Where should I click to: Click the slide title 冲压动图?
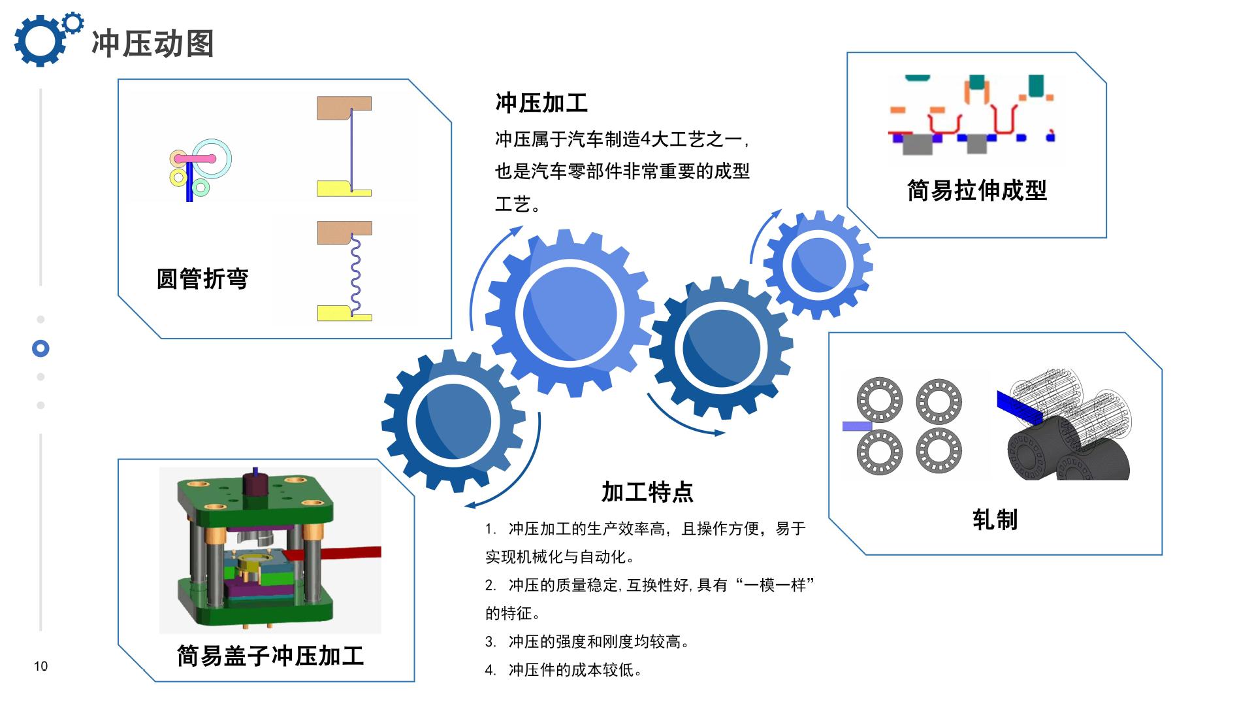153,44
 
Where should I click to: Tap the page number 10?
40,666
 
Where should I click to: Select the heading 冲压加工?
541,103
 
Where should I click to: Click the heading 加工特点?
647,492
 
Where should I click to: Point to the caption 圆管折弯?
202,278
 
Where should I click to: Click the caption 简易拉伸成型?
976,190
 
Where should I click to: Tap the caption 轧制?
995,520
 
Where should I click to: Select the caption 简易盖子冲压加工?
270,656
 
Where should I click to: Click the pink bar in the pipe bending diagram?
195,158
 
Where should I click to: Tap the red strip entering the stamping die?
346,552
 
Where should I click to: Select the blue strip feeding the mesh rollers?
1016,405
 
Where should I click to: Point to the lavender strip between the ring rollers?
857,426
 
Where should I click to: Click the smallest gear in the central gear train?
818,265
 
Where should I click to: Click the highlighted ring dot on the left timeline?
40,348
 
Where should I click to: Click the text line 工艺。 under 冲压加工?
517,205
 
